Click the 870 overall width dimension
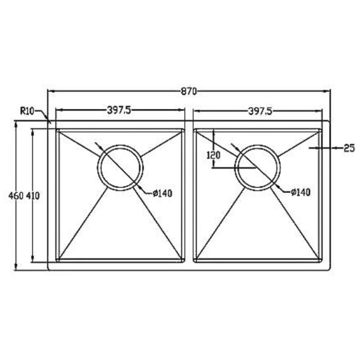[x=189, y=91]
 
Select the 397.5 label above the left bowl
[x=119, y=110]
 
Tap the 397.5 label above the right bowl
[x=260, y=111]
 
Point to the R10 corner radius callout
[x=27, y=111]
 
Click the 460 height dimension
[x=16, y=196]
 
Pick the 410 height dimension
[x=33, y=196]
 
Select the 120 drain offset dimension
[x=213, y=155]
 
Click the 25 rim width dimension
[x=349, y=148]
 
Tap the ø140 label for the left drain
[x=162, y=193]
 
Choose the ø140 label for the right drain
[x=301, y=192]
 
